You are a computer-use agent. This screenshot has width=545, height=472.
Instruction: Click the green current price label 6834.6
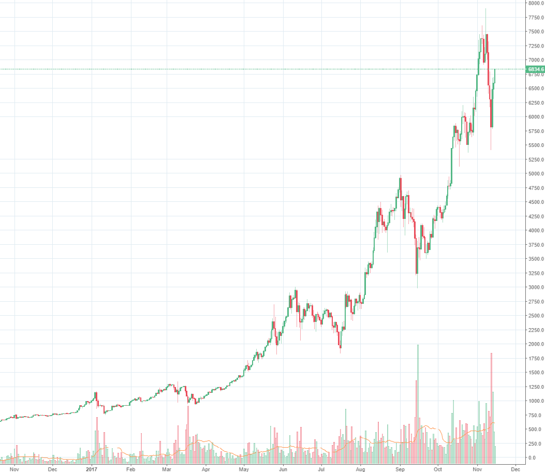[535, 69]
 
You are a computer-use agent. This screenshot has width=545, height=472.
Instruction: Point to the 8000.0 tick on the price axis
[535, 3]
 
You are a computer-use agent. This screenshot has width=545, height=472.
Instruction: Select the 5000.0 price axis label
[535, 174]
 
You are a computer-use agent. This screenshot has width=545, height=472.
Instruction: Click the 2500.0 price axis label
[535, 316]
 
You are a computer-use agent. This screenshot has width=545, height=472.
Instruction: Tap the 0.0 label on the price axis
[532, 458]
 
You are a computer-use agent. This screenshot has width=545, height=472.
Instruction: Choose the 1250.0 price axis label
[535, 387]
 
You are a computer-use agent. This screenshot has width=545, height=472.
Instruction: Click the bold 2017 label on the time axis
[92, 469]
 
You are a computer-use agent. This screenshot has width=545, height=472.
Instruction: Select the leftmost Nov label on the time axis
[14, 469]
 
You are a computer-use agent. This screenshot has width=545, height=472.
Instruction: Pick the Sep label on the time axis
[400, 469]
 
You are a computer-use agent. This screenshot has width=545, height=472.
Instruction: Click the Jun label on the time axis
[283, 469]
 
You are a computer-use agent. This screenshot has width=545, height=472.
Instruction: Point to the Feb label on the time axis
[131, 469]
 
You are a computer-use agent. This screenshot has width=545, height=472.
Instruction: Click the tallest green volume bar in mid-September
[418, 401]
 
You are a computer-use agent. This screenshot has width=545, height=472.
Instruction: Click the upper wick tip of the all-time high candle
[485, 9]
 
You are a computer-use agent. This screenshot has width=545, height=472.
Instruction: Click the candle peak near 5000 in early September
[401, 179]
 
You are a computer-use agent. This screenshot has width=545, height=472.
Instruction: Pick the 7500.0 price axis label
[535, 32]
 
